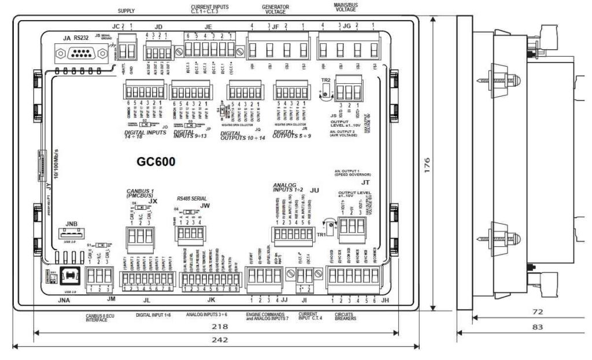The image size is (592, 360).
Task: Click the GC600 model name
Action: click(156, 162)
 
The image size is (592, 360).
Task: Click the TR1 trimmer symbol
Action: click(330, 225)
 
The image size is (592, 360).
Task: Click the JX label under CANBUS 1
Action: click(153, 201)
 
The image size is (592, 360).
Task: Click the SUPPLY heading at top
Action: click(126, 11)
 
